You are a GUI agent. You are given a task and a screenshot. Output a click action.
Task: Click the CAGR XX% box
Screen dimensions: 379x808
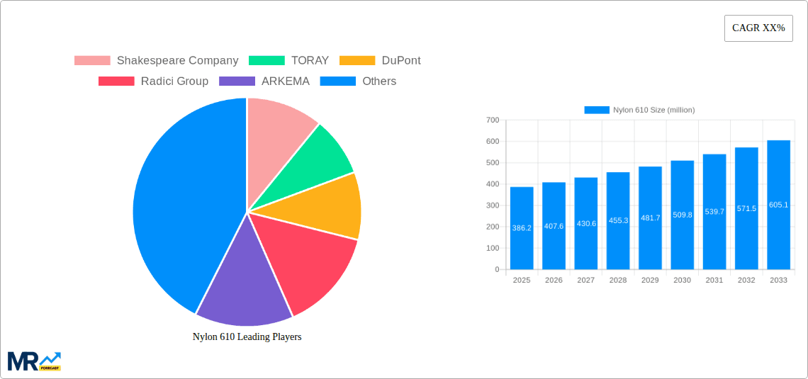pyautogui.click(x=758, y=28)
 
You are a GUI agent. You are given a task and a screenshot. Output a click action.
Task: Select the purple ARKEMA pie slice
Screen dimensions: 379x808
pyautogui.click(x=241, y=276)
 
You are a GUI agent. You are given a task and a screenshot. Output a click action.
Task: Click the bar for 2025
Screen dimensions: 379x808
pyautogui.click(x=522, y=228)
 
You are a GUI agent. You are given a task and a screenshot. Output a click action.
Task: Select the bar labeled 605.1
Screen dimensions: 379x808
pyautogui.click(x=778, y=205)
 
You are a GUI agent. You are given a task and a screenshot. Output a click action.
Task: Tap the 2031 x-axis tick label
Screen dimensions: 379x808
pyautogui.click(x=714, y=281)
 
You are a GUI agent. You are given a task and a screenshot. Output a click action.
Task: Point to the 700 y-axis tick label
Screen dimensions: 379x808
pyautogui.click(x=493, y=120)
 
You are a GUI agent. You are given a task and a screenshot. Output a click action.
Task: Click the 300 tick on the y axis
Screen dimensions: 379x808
pyautogui.click(x=493, y=205)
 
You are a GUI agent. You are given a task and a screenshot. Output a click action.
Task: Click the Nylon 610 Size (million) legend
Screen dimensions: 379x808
pyautogui.click(x=639, y=110)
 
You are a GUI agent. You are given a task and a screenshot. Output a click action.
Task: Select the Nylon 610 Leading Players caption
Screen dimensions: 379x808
pyautogui.click(x=247, y=337)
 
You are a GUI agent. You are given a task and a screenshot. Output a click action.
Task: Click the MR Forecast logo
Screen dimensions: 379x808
pyautogui.click(x=34, y=361)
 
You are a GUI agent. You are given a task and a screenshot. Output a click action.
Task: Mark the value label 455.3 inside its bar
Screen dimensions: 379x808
pyautogui.click(x=618, y=220)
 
